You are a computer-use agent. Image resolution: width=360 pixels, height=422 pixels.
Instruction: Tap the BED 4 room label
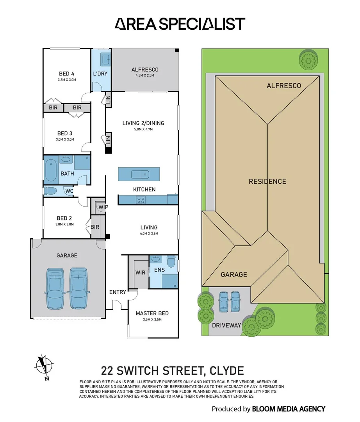(x=67, y=74)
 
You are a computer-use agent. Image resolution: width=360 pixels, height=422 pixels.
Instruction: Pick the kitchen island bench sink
(x=139, y=174)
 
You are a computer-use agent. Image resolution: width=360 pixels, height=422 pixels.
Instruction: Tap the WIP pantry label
(x=103, y=207)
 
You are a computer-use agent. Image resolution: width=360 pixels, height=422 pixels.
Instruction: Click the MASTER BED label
(x=152, y=313)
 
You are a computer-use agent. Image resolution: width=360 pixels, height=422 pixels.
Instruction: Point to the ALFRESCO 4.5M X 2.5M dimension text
(x=145, y=75)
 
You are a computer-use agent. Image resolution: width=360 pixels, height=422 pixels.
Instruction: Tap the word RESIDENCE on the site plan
(x=267, y=181)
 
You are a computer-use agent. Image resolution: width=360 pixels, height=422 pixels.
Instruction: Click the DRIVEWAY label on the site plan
(x=226, y=325)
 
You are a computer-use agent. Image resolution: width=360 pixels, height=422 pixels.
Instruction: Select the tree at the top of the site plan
(x=308, y=60)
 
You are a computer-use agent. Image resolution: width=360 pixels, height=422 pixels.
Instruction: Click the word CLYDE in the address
(x=226, y=370)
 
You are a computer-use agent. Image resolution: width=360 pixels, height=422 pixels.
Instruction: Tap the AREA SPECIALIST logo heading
(x=180, y=24)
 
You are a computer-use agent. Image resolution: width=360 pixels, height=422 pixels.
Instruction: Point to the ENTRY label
(x=118, y=292)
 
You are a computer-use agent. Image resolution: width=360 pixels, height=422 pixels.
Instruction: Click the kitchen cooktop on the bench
(x=140, y=200)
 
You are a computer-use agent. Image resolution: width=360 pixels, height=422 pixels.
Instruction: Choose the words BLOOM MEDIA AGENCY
(x=289, y=409)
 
